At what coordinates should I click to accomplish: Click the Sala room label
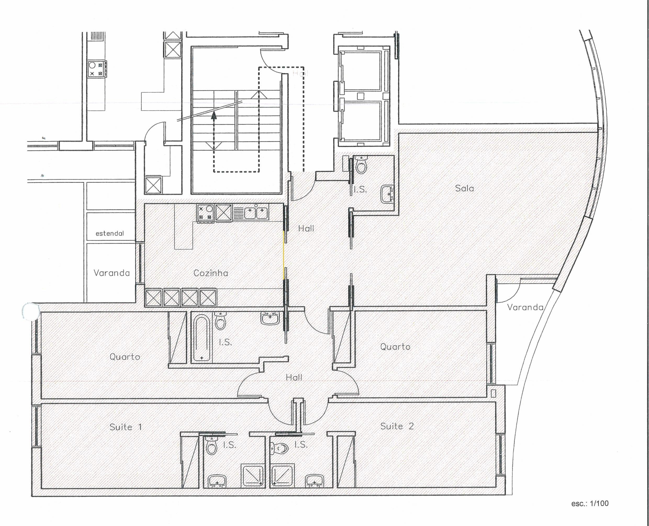(464, 189)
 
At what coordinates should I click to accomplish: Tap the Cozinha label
(210, 273)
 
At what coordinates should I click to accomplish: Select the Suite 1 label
(125, 427)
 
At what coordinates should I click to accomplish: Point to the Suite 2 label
(397, 426)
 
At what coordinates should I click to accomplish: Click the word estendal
(110, 234)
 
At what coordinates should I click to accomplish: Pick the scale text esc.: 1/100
(590, 503)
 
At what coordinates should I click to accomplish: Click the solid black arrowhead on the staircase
(214, 115)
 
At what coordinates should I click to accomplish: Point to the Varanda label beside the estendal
(111, 273)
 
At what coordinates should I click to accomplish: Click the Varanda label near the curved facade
(525, 308)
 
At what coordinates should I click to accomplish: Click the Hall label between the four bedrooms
(294, 378)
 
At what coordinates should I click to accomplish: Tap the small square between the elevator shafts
(360, 96)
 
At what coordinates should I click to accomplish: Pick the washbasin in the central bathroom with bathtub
(270, 318)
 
